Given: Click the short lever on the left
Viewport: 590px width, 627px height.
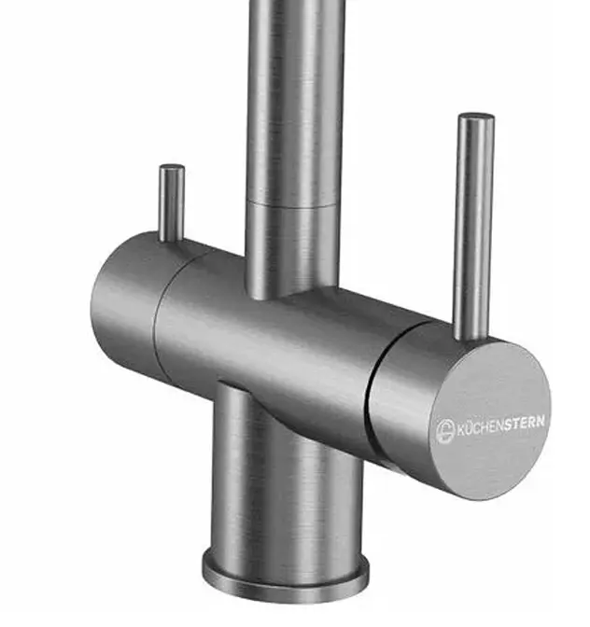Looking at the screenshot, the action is click(172, 203).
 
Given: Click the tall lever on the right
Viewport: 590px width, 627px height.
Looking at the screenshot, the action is click(474, 227).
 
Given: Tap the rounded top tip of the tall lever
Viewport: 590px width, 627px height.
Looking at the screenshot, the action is click(476, 116).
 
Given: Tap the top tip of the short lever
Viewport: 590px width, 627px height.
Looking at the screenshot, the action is click(172, 166).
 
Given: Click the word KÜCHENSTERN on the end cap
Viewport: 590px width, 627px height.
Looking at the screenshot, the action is click(500, 426).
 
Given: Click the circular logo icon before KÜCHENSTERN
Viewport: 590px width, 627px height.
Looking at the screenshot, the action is click(444, 431).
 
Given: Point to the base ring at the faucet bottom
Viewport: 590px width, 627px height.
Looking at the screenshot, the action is click(286, 577).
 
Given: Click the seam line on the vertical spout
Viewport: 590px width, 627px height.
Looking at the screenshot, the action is click(291, 204).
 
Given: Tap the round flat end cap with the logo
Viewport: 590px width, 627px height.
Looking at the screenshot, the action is click(491, 420).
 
